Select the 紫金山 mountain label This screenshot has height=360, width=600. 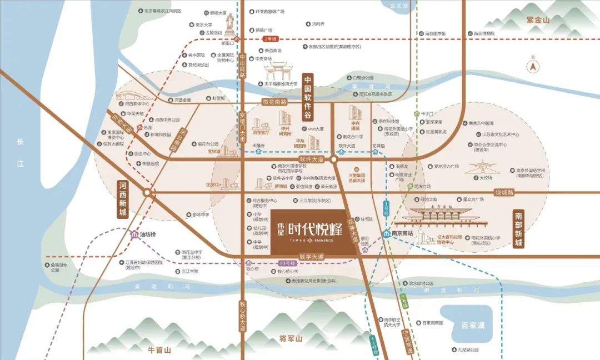coord(537,20)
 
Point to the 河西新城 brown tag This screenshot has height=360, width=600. coord(123,199)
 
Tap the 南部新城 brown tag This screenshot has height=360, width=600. coord(518,229)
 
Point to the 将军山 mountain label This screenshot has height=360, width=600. coord(291,338)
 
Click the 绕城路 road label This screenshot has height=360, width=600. coord(505,192)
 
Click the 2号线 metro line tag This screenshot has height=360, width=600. coord(271,39)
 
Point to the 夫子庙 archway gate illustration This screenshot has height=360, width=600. coord(281,71)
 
